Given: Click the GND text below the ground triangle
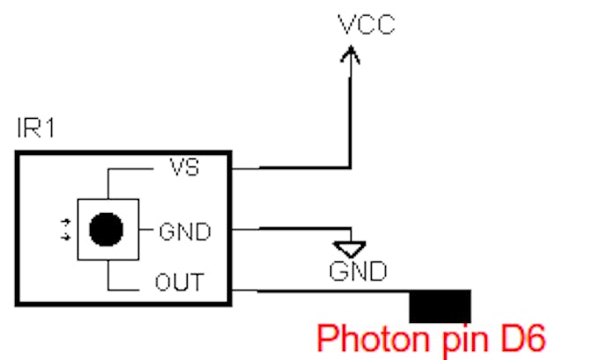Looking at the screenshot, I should (x=357, y=270).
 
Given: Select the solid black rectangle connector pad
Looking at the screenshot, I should (x=440, y=305).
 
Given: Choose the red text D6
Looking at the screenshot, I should (x=521, y=337).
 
